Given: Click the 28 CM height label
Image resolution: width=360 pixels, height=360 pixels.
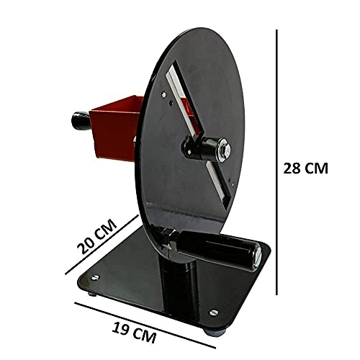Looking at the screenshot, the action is [x=305, y=168].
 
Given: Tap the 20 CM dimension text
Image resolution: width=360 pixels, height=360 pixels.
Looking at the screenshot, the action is [x=97, y=236].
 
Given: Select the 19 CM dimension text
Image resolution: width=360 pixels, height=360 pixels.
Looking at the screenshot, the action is [x=134, y=333].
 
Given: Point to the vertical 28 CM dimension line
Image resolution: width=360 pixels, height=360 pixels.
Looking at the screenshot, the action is [x=276, y=162].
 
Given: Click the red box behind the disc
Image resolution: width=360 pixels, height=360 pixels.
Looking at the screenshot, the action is [x=115, y=128].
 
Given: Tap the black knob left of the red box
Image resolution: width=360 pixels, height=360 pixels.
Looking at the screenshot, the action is [x=81, y=121].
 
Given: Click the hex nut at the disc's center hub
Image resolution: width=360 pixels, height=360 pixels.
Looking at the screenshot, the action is [x=225, y=149].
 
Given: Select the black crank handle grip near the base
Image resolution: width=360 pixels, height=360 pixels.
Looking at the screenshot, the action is [x=217, y=250].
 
